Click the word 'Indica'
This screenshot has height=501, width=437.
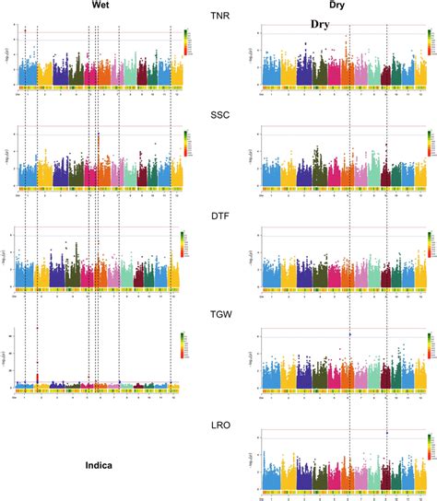93,466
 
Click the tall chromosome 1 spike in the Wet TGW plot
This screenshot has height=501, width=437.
37,328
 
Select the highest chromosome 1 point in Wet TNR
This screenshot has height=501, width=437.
26,30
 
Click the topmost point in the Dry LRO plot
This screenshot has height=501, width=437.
387,433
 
